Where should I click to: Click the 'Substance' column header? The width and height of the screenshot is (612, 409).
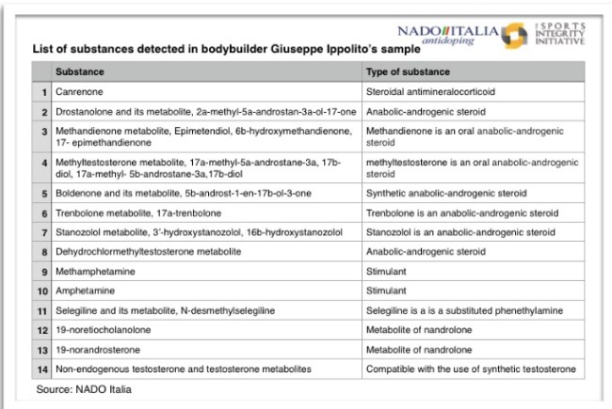click(x=80, y=71)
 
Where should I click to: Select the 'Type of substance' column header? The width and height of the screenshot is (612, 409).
click(x=403, y=71)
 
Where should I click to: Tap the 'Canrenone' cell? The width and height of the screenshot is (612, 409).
click(x=81, y=92)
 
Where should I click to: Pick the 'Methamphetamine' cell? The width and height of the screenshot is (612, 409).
click(x=93, y=271)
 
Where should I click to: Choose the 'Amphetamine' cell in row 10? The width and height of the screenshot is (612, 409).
click(x=86, y=291)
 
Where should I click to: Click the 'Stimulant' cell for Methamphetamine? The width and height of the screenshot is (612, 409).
click(x=386, y=271)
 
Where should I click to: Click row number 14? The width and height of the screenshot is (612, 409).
click(x=42, y=370)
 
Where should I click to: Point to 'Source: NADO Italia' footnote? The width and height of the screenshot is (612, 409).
click(x=84, y=388)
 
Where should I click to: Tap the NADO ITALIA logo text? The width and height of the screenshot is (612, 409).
click(x=448, y=31)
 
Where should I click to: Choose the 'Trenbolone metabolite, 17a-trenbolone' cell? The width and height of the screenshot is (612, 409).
click(x=138, y=212)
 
